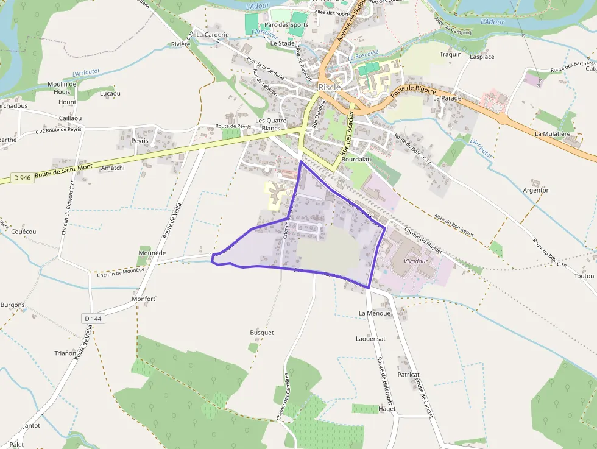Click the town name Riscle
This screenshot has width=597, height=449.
click(x=330, y=87)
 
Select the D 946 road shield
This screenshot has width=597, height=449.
click(x=21, y=179)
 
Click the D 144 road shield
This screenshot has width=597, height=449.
click(x=93, y=318)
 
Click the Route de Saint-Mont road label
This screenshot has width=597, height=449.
click(x=64, y=171)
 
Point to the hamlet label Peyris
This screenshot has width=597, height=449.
click(x=140, y=141)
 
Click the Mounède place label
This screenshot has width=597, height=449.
click(x=152, y=252)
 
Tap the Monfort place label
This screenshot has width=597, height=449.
click(x=144, y=299)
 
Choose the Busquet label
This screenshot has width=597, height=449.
click(x=262, y=333)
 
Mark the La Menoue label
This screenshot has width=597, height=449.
click(x=374, y=313)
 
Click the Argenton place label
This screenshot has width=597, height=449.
click(x=536, y=190)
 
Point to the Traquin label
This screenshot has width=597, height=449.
click(x=451, y=54)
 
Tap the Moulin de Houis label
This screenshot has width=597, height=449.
click(x=62, y=88)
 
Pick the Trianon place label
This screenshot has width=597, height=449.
click(x=65, y=353)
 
